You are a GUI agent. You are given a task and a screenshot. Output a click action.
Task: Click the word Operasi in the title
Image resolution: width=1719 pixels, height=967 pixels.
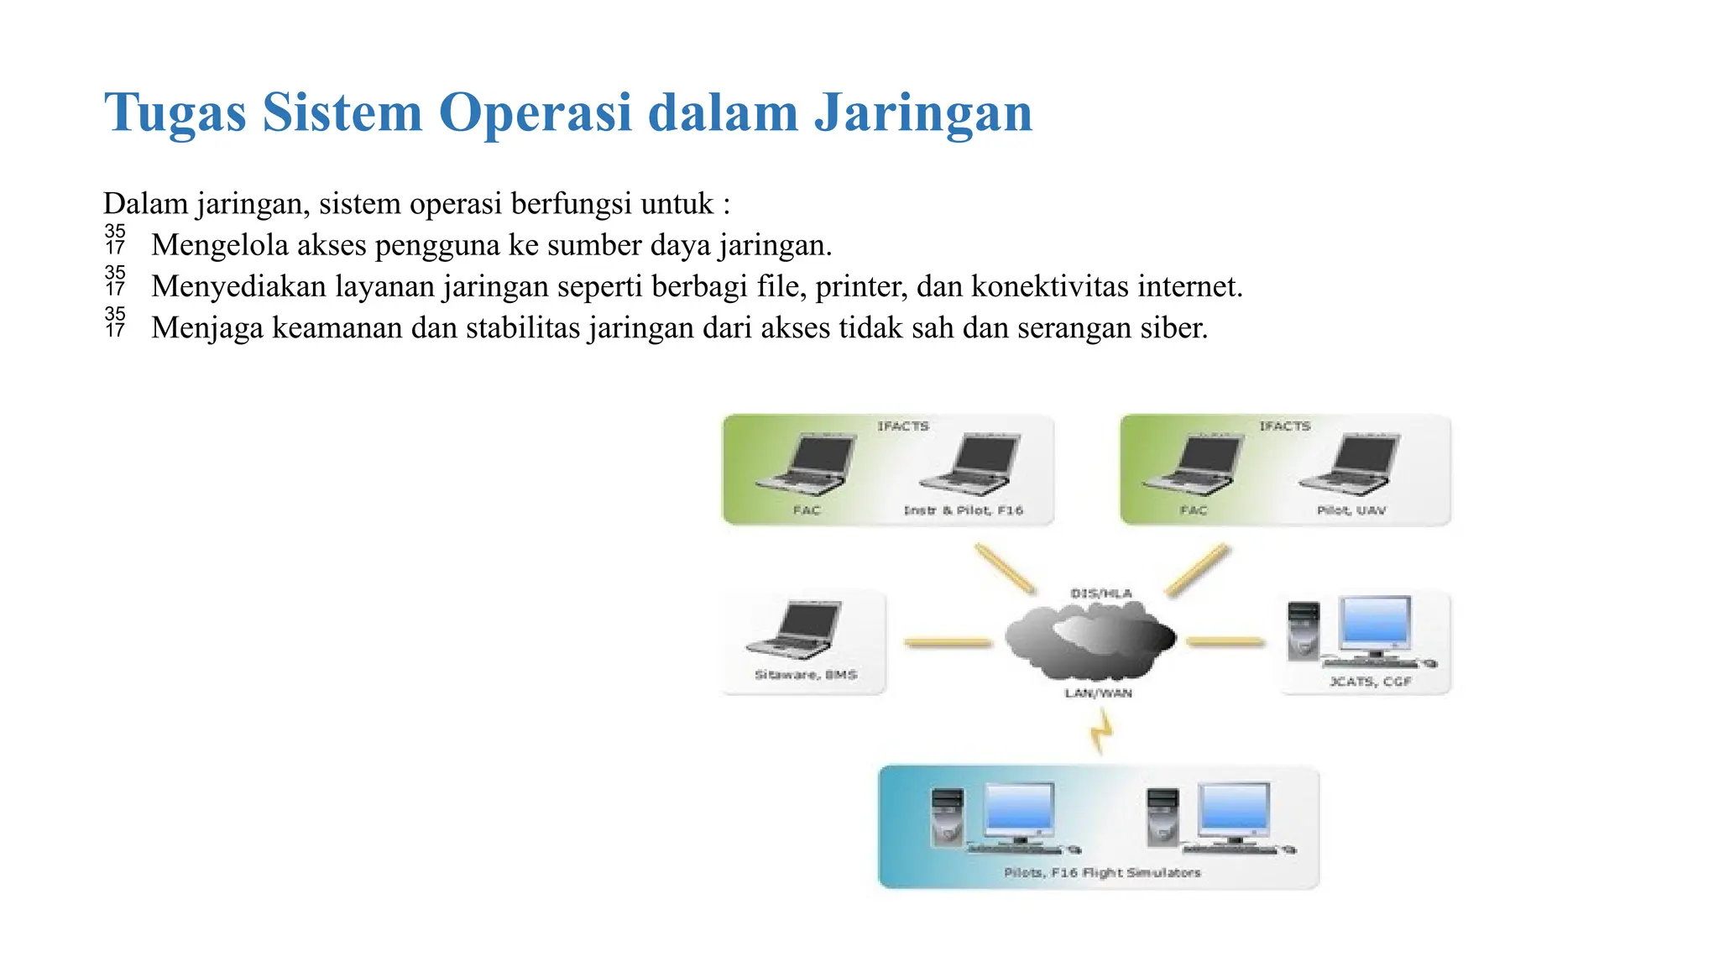[535, 112]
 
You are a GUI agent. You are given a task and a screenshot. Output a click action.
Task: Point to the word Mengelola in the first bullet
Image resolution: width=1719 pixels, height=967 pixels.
[219, 246]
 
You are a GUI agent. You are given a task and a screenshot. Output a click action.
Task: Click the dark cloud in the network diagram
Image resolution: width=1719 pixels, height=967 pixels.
[1090, 642]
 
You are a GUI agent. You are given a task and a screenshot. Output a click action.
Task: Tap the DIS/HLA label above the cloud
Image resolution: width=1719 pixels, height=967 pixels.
[1101, 593]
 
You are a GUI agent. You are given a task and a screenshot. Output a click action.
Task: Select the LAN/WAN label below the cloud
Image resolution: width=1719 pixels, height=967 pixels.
[1099, 693]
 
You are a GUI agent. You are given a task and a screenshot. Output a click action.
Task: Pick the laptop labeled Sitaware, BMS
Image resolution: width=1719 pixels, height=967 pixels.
[795, 630]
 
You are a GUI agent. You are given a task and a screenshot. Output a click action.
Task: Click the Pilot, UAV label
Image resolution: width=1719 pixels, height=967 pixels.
[1351, 510]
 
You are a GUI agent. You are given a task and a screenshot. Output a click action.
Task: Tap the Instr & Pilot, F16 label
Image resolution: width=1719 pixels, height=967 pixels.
[963, 510]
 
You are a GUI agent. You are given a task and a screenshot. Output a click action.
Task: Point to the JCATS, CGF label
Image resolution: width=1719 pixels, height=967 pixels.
[1370, 682]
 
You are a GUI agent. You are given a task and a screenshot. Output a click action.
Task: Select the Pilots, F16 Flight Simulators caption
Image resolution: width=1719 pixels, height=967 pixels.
[1102, 873]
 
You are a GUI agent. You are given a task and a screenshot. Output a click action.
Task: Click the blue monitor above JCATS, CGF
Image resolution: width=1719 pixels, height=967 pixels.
[1376, 624]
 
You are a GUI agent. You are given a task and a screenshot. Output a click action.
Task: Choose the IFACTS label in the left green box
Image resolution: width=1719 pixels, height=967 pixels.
[903, 426]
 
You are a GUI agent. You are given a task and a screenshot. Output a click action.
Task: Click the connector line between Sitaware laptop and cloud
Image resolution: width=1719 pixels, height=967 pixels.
[948, 643]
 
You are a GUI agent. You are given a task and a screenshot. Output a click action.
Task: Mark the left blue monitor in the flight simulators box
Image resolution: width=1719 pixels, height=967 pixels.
[1019, 811]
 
